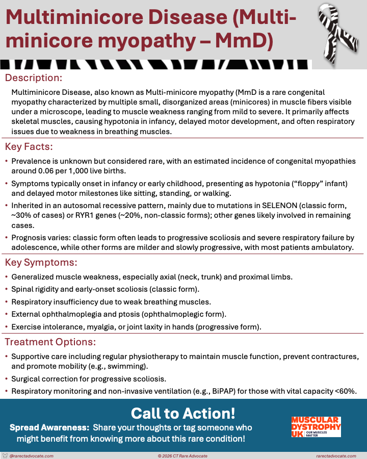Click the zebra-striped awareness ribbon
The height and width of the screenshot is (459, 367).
tap(338, 32)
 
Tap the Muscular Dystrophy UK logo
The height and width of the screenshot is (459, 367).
tap(316, 426)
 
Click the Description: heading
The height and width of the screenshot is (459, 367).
tap(33, 78)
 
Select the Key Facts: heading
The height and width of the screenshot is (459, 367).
tap(29, 147)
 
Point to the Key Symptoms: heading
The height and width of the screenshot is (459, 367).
tap(41, 263)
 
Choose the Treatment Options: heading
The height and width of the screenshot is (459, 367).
tap(50, 342)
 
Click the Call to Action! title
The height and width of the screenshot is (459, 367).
tap(183, 413)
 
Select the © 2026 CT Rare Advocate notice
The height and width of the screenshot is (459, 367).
tap(183, 455)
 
